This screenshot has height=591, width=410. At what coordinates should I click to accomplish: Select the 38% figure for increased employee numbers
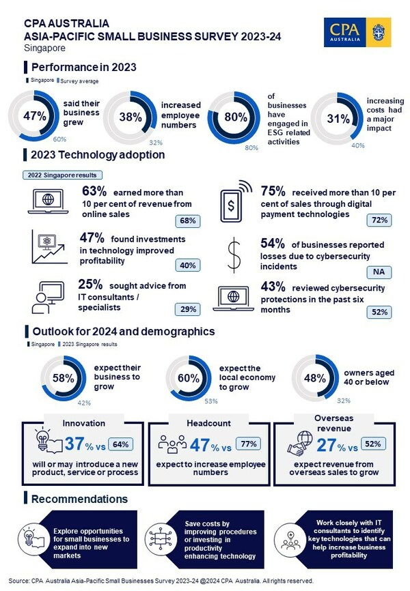pyautogui.click(x=131, y=116)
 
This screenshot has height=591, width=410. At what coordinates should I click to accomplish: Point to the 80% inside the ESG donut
pyautogui.click(x=235, y=116)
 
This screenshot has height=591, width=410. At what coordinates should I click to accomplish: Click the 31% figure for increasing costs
pyautogui.click(x=338, y=118)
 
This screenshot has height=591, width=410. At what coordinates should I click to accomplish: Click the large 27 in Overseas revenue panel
pyautogui.click(x=325, y=446)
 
